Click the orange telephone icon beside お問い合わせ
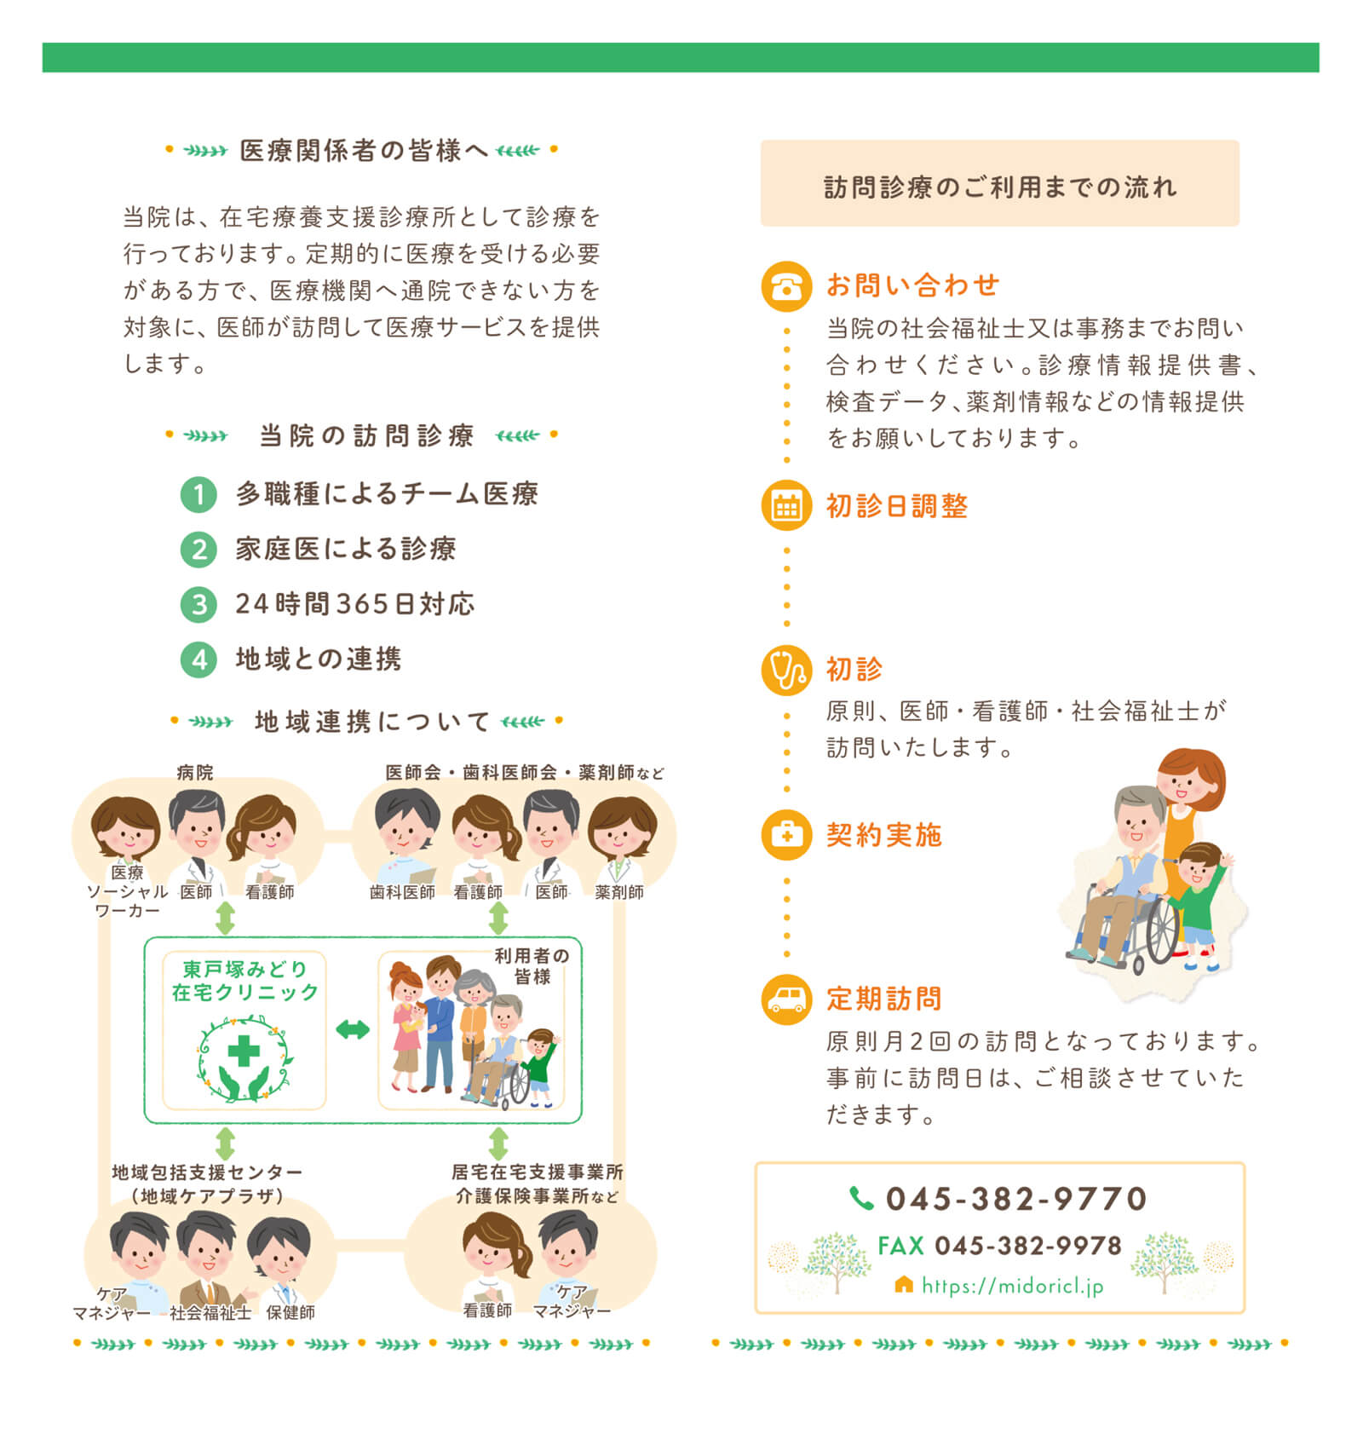(785, 286)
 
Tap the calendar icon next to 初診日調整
(785, 505)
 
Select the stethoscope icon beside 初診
(785, 670)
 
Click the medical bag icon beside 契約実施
(785, 834)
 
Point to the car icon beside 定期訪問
(785, 999)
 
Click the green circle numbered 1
(198, 494)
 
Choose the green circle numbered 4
(198, 659)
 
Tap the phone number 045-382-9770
(1016, 1198)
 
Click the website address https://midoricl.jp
(1013, 1286)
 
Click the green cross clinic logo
(244, 1057)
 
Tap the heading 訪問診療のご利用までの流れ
(1000, 187)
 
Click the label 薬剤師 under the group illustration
(619, 892)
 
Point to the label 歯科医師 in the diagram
(402, 892)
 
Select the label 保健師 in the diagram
(290, 1312)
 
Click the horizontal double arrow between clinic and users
(352, 1029)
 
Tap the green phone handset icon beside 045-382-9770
(861, 1198)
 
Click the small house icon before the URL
(904, 1284)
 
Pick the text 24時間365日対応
(355, 604)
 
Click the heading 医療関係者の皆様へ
(364, 151)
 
